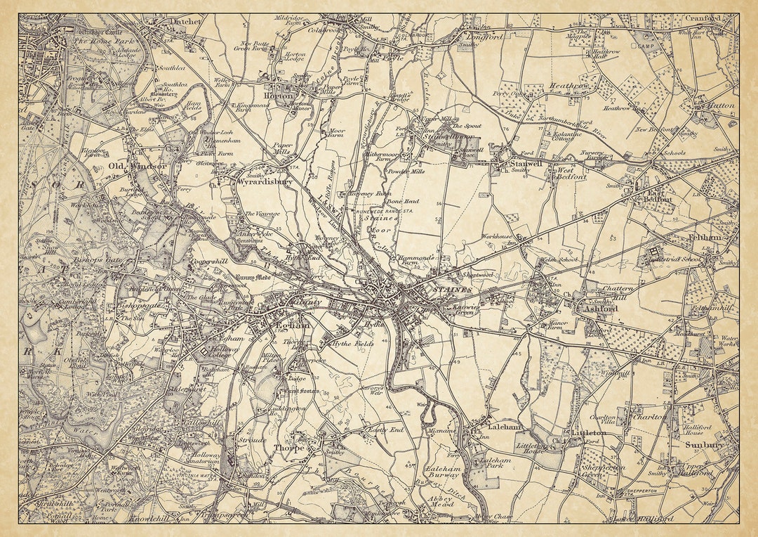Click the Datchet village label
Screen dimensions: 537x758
tap(186, 22)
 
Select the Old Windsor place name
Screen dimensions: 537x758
tap(138, 166)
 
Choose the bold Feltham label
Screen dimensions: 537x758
tap(704, 238)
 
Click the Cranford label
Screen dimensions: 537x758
tap(703, 18)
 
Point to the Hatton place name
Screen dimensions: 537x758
tap(720, 105)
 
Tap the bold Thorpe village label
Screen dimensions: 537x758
tap(289, 447)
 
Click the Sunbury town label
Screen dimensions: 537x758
tap(704, 445)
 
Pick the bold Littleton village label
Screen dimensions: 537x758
tap(588, 433)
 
